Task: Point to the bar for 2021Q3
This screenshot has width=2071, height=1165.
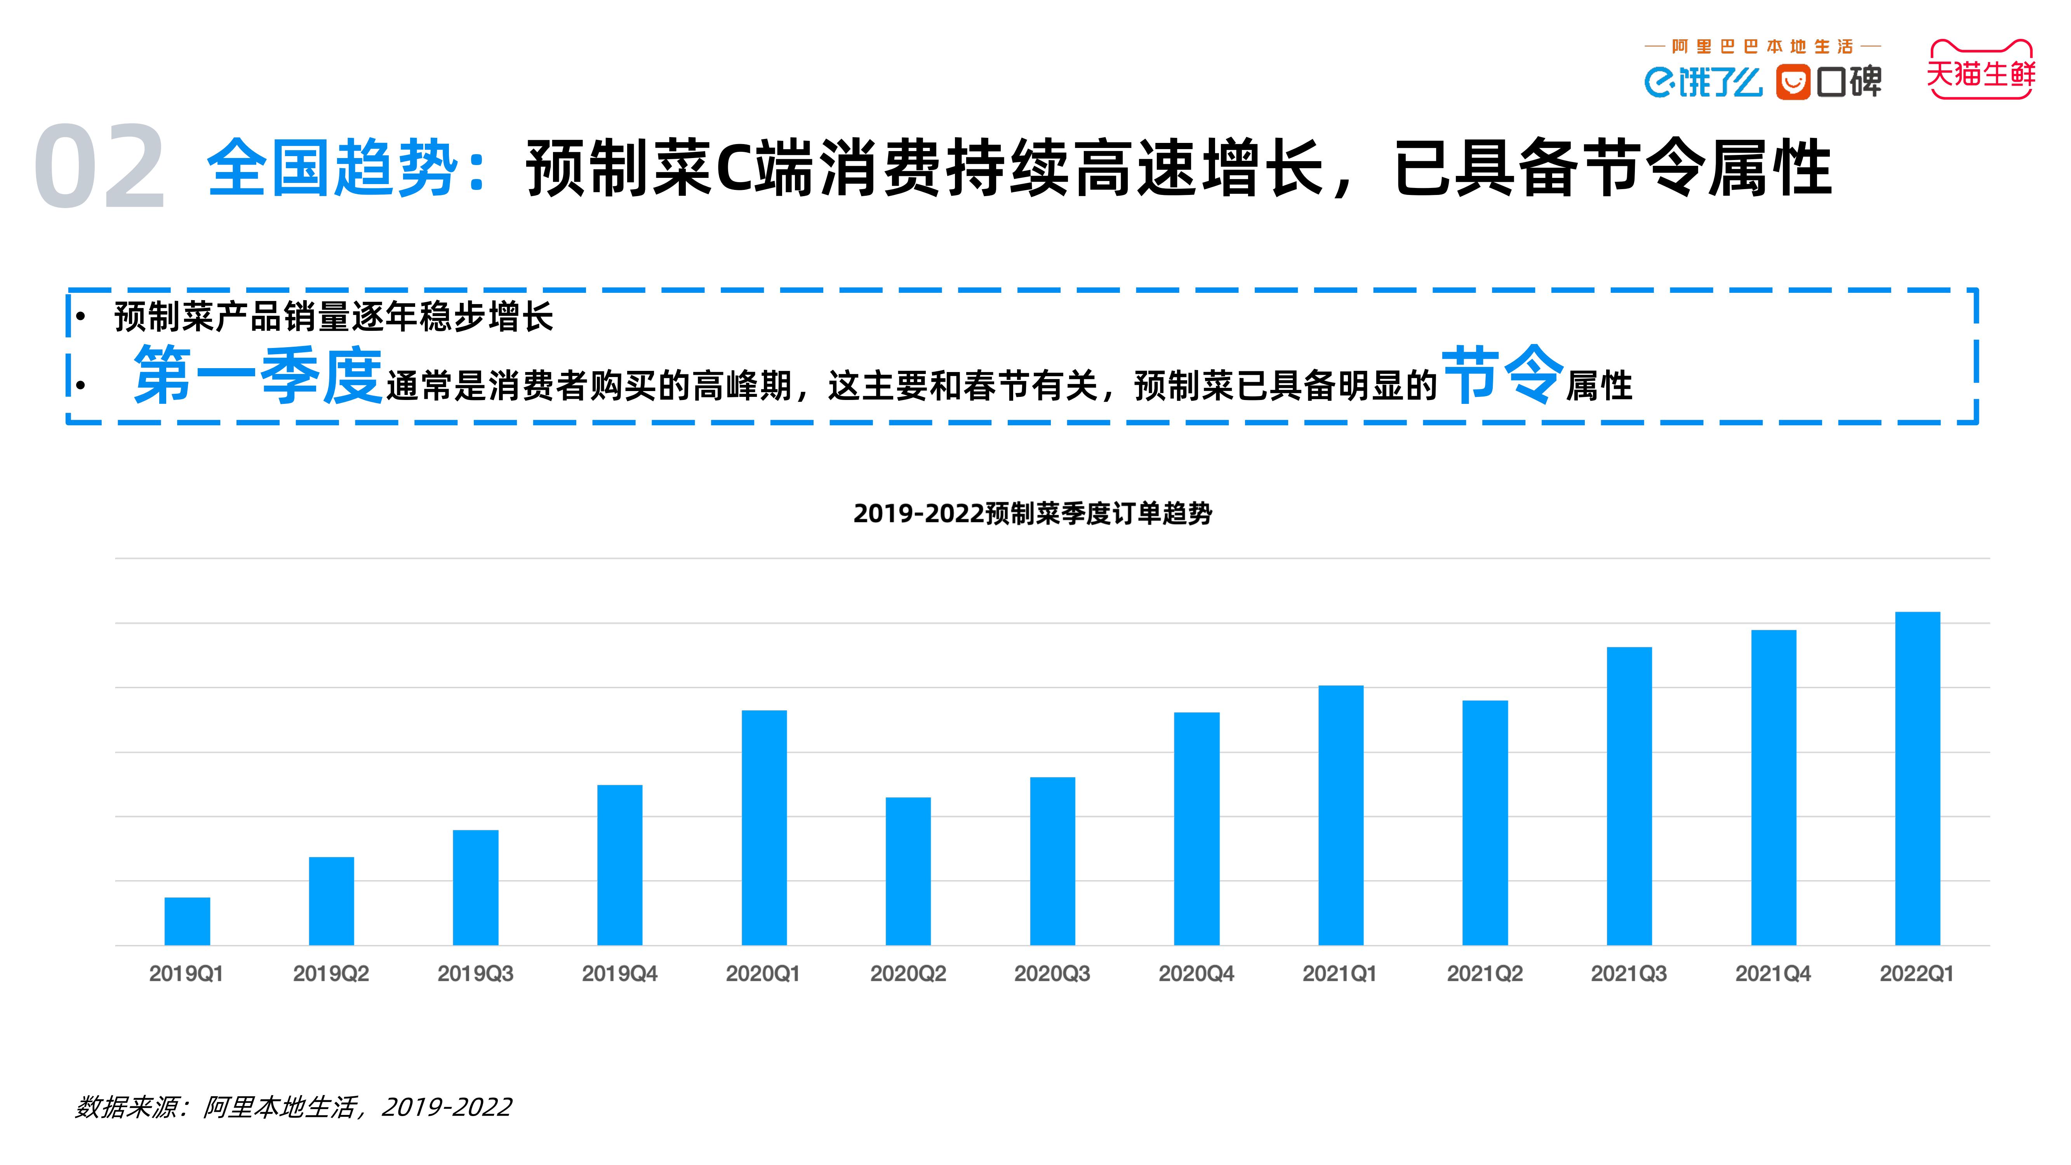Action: point(1629,796)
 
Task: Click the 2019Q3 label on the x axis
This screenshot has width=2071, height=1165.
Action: point(475,974)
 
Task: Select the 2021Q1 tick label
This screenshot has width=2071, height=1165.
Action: point(1339,974)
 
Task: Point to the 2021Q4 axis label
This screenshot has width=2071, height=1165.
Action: point(1773,974)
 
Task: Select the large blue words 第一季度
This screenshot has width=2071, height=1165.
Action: point(257,376)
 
